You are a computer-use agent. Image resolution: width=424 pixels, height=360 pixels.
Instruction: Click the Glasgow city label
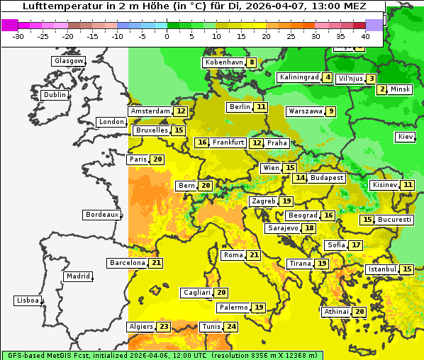pos(69,61)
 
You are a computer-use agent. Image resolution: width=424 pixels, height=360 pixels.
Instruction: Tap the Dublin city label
pos(55,95)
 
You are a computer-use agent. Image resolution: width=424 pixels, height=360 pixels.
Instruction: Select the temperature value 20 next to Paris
pos(157,159)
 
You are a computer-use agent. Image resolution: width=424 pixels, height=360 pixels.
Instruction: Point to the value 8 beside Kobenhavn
pos(251,62)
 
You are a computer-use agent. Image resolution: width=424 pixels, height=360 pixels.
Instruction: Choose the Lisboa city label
pos(28,300)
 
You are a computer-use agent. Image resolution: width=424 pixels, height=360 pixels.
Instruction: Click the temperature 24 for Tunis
pos(231,327)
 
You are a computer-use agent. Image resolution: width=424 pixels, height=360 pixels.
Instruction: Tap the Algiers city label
pos(140,327)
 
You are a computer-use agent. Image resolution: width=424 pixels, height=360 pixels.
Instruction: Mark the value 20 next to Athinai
pos(359,312)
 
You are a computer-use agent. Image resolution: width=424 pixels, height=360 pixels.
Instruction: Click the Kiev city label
pos(406,137)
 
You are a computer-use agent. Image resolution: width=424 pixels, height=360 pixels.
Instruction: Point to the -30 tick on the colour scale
pos(18,36)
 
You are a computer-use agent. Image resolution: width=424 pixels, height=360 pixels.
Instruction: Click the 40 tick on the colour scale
pos(365,36)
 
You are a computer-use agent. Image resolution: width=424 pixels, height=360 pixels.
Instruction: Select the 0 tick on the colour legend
pos(167,36)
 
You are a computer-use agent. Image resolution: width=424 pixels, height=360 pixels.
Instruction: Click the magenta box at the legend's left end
pos(10,25)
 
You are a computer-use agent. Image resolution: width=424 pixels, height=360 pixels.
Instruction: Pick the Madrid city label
pos(78,276)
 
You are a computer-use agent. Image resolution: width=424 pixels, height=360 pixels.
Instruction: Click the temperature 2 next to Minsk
pos(382,89)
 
